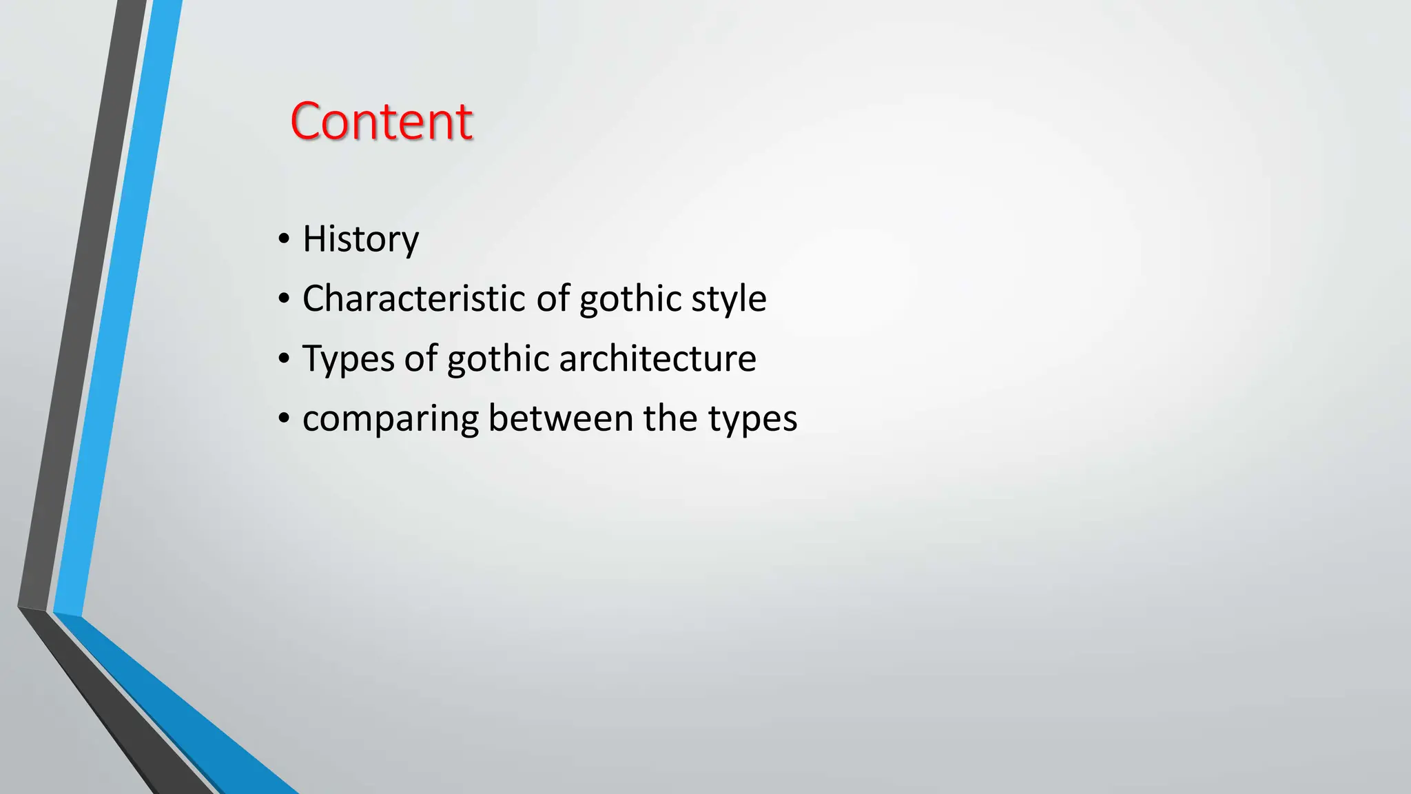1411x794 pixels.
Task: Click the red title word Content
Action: coord(381,121)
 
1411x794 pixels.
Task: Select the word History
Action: coord(360,239)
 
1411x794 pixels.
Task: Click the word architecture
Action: coord(657,358)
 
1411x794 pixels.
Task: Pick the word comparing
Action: coord(390,419)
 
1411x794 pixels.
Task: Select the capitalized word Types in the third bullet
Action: coord(349,359)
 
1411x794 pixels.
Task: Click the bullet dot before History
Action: coord(284,239)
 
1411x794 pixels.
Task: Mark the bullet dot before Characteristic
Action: coord(284,299)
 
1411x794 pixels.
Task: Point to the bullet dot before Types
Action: coord(284,359)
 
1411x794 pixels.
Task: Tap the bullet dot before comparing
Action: coord(284,418)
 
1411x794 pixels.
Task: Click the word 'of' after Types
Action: coord(420,358)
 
